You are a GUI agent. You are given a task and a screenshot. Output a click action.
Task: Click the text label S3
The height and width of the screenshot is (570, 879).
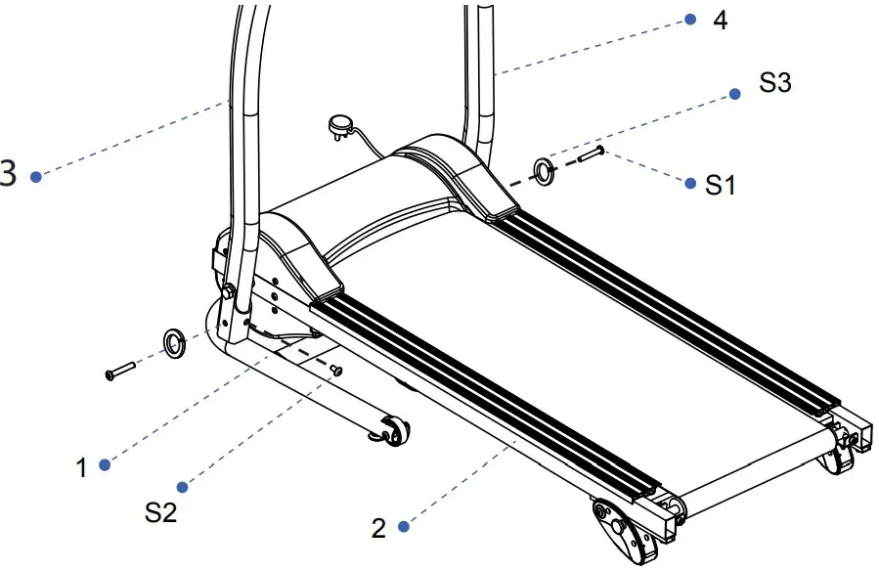[x=774, y=84]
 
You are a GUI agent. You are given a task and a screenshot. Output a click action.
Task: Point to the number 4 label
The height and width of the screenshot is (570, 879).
[x=721, y=21]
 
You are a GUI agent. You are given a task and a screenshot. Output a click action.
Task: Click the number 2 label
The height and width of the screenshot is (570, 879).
[x=378, y=529]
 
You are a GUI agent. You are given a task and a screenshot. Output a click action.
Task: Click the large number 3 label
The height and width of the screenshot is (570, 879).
[x=8, y=175]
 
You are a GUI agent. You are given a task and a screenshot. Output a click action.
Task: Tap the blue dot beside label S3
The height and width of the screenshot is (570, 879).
[x=733, y=95]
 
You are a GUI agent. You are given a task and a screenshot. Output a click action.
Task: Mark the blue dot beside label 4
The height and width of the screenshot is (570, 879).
[x=689, y=19]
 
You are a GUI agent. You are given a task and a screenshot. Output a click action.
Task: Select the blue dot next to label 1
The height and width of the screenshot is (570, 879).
[x=105, y=464]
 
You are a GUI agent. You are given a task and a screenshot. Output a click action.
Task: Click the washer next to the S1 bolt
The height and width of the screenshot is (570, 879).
[x=544, y=172]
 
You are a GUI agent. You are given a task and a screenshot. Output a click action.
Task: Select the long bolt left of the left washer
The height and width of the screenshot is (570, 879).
[x=120, y=371]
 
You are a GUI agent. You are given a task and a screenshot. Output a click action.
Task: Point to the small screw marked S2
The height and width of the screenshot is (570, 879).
[x=337, y=369]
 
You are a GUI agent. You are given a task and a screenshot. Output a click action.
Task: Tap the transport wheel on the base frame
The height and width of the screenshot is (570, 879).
[x=393, y=430]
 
